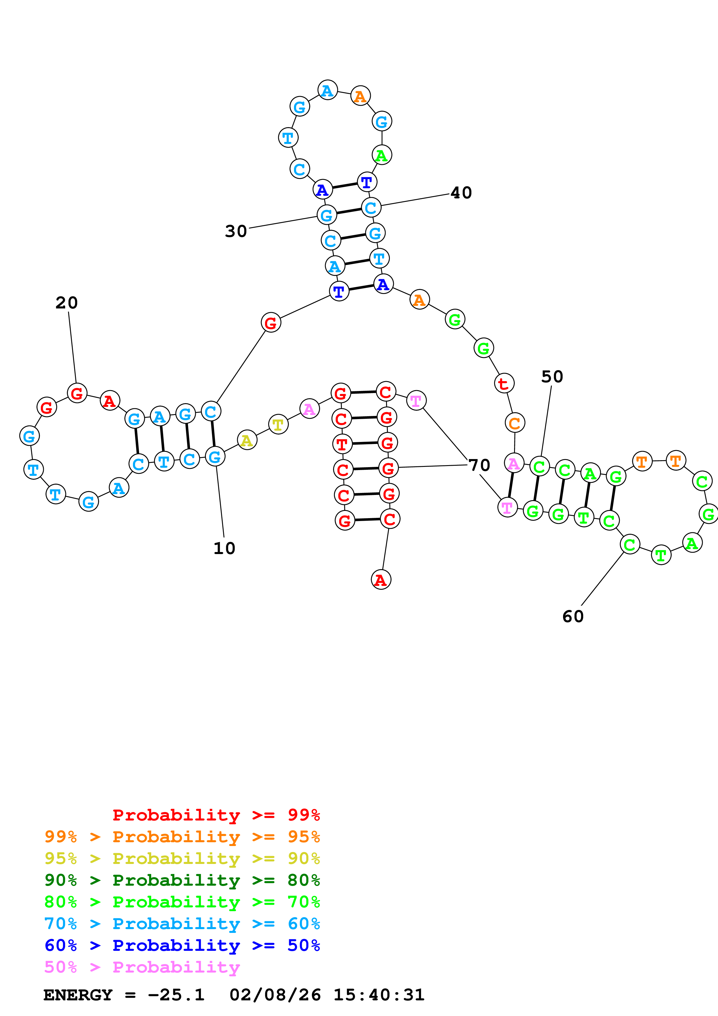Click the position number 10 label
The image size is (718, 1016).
224,548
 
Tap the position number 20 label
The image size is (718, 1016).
67,303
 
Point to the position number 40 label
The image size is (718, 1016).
461,193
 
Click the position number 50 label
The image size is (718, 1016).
552,377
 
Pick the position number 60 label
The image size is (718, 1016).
573,616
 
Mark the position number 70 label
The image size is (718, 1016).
480,465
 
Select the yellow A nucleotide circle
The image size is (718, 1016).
247,440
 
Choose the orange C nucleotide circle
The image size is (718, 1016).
514,423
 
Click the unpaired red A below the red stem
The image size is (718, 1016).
381,580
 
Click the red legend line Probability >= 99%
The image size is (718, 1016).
216,815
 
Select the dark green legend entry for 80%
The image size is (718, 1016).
182,880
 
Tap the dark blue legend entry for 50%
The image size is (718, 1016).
182,945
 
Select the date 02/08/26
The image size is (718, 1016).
275,995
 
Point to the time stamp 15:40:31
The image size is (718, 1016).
379,995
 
